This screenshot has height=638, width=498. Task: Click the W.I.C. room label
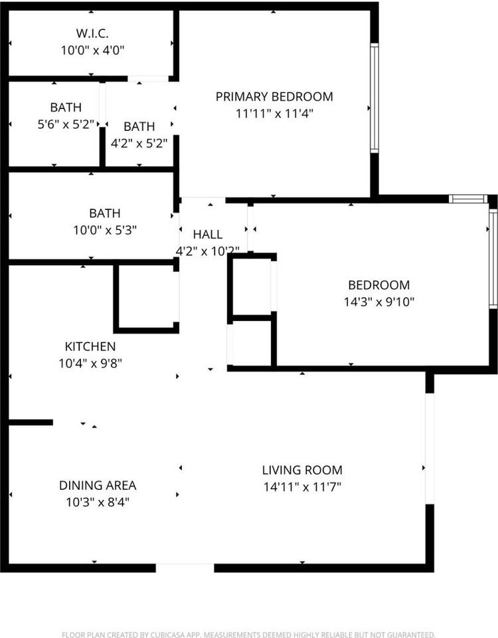(x=92, y=33)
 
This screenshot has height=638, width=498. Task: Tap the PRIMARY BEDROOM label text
(x=274, y=96)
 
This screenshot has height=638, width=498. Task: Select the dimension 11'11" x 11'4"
(x=274, y=114)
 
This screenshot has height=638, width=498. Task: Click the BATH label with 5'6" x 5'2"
(x=66, y=108)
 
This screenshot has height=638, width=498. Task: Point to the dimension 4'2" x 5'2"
(x=139, y=144)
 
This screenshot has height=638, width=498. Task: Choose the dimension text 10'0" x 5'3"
(x=105, y=231)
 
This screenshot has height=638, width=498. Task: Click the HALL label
(x=208, y=235)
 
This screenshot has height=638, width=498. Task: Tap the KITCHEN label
(x=90, y=346)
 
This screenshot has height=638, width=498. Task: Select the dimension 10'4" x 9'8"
(x=90, y=363)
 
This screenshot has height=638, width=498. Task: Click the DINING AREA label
(x=98, y=485)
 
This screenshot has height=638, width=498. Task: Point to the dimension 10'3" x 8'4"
(x=98, y=502)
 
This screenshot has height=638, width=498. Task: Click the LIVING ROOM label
(x=302, y=470)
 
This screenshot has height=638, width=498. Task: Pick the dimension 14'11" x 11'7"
(x=302, y=486)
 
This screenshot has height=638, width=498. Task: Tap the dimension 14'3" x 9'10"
(x=379, y=302)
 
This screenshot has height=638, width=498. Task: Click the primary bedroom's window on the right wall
(x=374, y=98)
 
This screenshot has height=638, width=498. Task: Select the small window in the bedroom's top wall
(x=468, y=199)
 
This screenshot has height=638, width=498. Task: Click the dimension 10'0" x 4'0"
(x=92, y=51)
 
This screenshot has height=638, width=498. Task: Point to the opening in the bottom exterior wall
(x=185, y=568)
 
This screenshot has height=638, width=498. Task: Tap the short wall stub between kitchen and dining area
(x=31, y=423)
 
